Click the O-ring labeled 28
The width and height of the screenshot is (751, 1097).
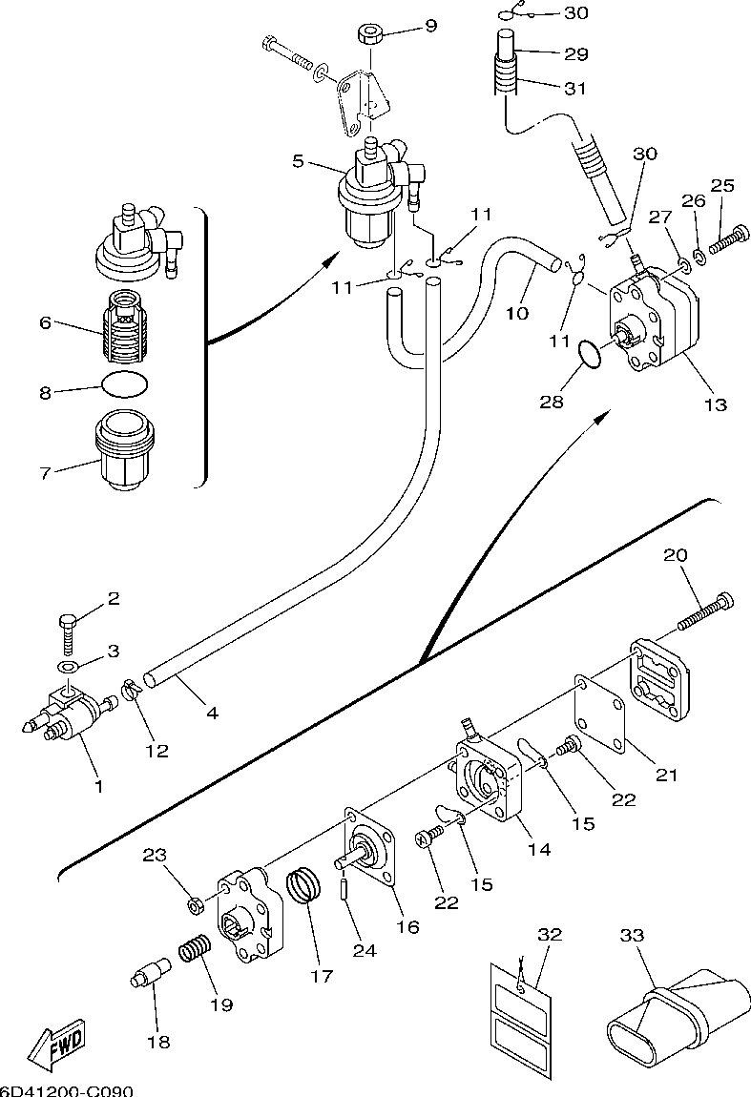click(x=592, y=356)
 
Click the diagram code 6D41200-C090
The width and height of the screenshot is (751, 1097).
click(x=66, y=1089)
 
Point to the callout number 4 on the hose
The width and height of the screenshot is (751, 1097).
click(x=211, y=712)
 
